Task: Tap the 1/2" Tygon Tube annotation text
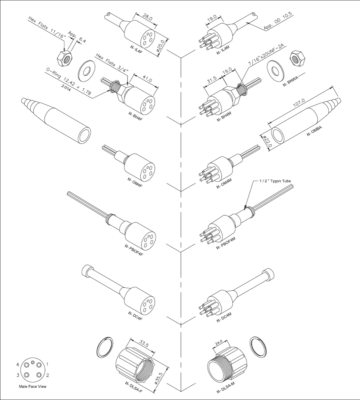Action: tap(275, 181)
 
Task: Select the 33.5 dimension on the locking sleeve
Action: tap(144, 344)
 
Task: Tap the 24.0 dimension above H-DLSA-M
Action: tap(219, 342)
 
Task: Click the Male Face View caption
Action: tap(33, 387)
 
